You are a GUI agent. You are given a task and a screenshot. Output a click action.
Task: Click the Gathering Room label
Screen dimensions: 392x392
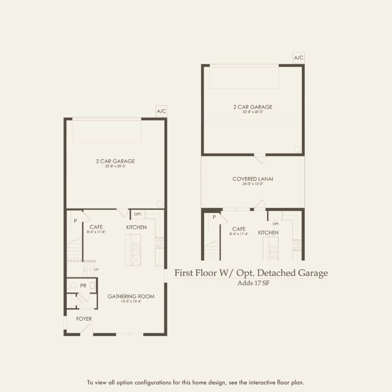[x=131, y=296]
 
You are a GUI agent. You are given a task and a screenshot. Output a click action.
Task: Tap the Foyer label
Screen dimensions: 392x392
[x=84, y=319]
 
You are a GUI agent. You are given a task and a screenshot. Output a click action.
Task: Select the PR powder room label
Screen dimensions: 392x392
[x=83, y=285]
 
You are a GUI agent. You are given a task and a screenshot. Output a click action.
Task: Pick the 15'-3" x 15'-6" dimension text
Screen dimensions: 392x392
[x=131, y=301]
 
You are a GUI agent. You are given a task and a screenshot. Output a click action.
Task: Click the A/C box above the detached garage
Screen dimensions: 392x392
[x=299, y=58]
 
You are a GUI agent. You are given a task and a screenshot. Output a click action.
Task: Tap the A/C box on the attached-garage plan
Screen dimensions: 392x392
[x=161, y=111]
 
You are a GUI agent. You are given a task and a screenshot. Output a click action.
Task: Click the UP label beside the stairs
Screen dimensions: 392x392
[x=96, y=269]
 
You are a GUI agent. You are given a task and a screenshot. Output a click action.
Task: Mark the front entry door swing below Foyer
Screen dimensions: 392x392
[x=86, y=330]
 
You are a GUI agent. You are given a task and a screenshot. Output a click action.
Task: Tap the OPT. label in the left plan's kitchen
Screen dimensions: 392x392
[x=138, y=214]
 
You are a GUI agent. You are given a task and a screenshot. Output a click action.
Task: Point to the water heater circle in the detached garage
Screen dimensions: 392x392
[x=297, y=148]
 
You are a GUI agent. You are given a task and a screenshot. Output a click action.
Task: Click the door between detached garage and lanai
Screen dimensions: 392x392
[x=260, y=158]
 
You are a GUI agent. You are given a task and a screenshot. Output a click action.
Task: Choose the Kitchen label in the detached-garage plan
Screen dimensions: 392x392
[x=268, y=233]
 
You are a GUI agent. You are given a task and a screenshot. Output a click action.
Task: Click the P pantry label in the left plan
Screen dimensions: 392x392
[x=75, y=220]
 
